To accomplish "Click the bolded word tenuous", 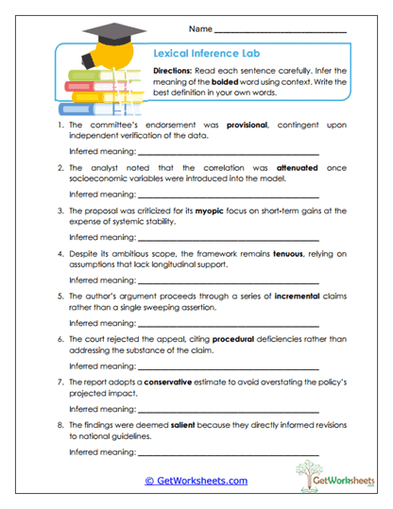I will point(290,254).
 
